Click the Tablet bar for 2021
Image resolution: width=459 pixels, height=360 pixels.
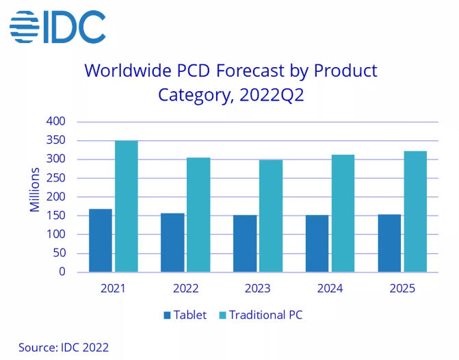(101, 240)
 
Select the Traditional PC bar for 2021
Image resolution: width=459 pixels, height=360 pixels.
(126, 206)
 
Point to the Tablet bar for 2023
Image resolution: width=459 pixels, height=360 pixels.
(245, 244)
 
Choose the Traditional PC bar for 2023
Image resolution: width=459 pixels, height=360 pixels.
(271, 216)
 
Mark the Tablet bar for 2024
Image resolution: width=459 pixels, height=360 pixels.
(317, 244)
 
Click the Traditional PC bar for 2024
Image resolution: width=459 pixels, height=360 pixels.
(343, 214)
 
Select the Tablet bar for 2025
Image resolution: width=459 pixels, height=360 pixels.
(389, 243)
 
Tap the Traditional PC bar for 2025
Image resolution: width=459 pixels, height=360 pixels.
(415, 211)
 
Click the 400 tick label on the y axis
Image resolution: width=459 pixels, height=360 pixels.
(55, 122)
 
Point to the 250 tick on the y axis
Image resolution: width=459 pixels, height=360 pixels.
(55, 178)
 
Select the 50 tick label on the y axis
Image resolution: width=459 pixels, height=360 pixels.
(59, 253)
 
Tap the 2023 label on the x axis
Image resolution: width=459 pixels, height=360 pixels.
(257, 288)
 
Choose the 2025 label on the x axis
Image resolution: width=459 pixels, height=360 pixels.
(402, 288)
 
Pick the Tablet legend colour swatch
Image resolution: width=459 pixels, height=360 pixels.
(166, 316)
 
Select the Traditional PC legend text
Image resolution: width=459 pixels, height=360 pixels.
(265, 316)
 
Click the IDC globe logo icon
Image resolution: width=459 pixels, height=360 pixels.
(25, 27)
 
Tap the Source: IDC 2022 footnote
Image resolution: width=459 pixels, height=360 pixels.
(64, 348)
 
